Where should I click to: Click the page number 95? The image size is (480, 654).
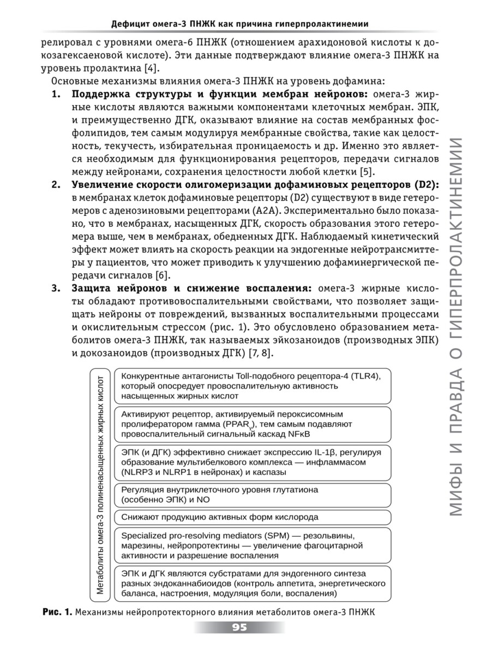239,627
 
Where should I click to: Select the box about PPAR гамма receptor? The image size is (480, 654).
252,424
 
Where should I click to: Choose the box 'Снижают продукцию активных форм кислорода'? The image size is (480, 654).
252,517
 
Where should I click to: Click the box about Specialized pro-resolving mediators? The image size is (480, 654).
252,545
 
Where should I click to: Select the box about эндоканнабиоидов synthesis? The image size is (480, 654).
252,583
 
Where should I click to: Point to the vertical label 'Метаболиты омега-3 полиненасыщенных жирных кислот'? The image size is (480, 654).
100,484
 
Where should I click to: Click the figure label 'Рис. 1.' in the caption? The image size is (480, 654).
57,612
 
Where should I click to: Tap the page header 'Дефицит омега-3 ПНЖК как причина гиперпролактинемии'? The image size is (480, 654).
239,23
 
